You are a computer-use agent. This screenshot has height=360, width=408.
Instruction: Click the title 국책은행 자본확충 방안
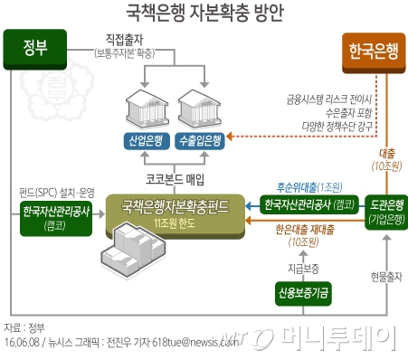click(x=204, y=13)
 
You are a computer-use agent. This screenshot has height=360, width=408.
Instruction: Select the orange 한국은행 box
click(x=372, y=51)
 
